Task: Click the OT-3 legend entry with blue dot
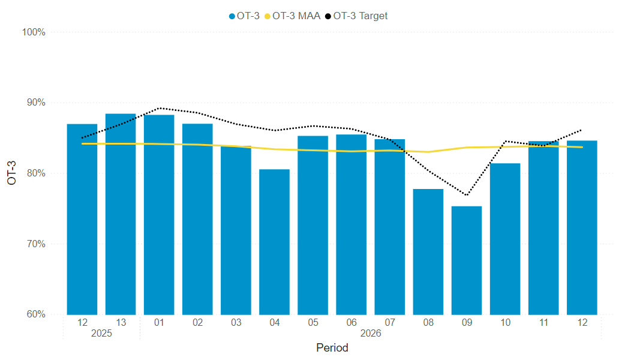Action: coord(244,16)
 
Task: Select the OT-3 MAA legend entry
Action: coord(293,16)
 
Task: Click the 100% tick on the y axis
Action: coord(34,32)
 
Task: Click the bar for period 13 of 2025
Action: coord(121,214)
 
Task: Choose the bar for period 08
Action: coord(428,251)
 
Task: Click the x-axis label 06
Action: coord(351,323)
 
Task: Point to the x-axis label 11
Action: coord(543,323)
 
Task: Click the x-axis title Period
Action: coord(332,348)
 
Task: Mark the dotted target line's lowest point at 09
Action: coord(467,195)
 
